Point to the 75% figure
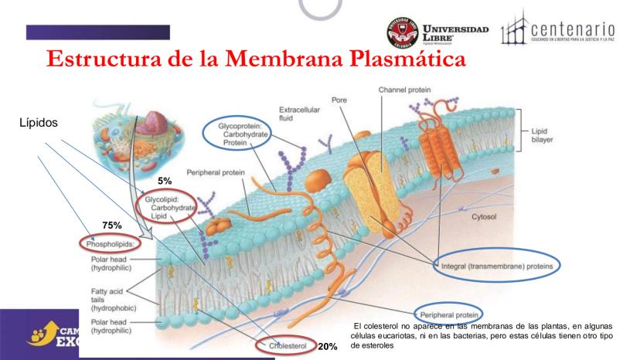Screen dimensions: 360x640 click(x=114, y=226)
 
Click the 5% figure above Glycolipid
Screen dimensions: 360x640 click(x=164, y=180)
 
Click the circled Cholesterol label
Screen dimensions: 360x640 click(x=286, y=346)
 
